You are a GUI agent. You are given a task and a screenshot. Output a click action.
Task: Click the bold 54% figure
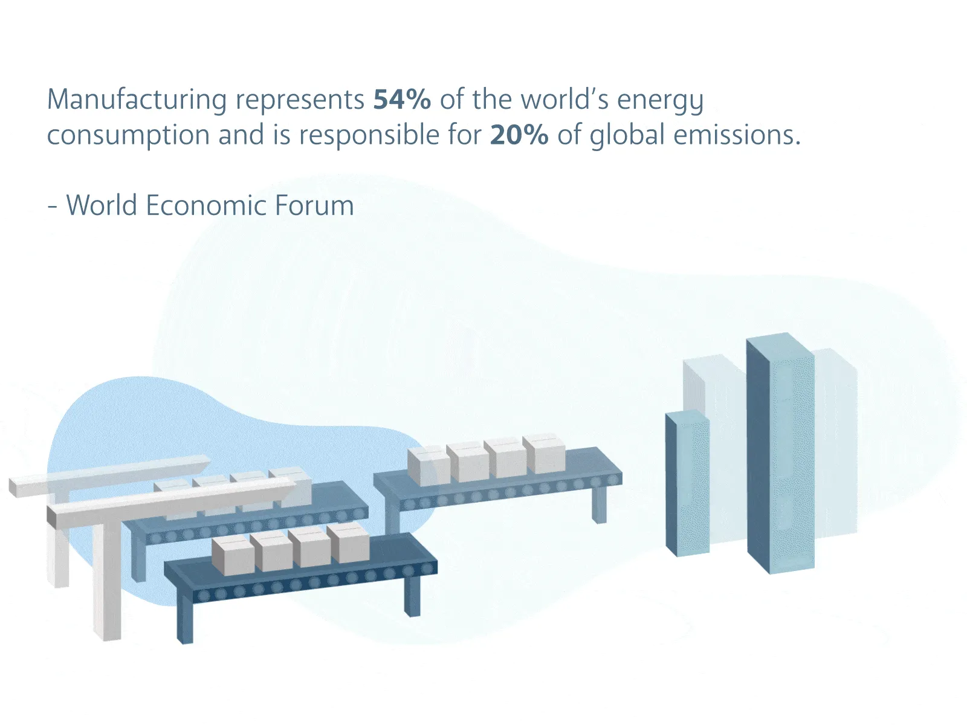coord(402,100)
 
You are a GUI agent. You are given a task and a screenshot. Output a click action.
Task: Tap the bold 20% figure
coord(519,135)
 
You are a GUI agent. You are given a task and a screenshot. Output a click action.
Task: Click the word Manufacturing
coord(137,100)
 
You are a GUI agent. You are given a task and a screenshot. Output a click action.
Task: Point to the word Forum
coord(314,205)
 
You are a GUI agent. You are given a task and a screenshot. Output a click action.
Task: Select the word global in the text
coord(627,135)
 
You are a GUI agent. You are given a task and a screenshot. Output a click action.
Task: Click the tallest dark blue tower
coord(780,453)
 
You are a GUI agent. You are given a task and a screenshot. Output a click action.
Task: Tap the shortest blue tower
coord(687,483)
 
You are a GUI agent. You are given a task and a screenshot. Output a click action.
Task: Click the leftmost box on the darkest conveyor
coord(233,556)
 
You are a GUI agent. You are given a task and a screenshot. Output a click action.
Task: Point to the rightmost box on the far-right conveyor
coord(544,454)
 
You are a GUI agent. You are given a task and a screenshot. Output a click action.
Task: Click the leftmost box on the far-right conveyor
coord(428,466)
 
